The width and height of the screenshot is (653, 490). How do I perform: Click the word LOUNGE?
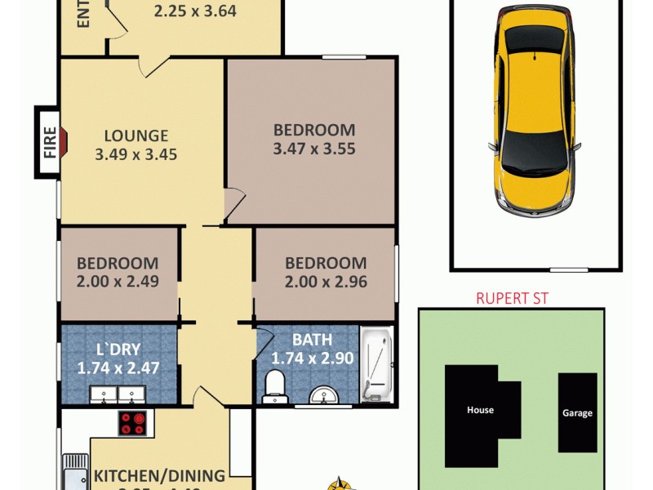(x=135, y=136)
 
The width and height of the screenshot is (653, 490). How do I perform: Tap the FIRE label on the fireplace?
(x=50, y=142)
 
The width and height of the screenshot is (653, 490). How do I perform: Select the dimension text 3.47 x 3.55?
(x=314, y=149)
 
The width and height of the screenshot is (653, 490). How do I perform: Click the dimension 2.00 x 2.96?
(x=326, y=282)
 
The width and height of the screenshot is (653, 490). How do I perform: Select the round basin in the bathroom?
(x=325, y=396)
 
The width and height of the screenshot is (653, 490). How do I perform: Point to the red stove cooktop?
(x=132, y=423)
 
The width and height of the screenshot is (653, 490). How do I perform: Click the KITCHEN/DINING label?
(x=160, y=475)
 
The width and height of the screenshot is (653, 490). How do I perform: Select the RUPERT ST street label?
(x=512, y=298)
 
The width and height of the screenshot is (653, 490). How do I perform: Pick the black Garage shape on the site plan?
(x=577, y=412)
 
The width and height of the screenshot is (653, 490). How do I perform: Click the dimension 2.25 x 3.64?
(x=196, y=11)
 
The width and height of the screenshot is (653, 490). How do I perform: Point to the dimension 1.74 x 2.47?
(x=118, y=368)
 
